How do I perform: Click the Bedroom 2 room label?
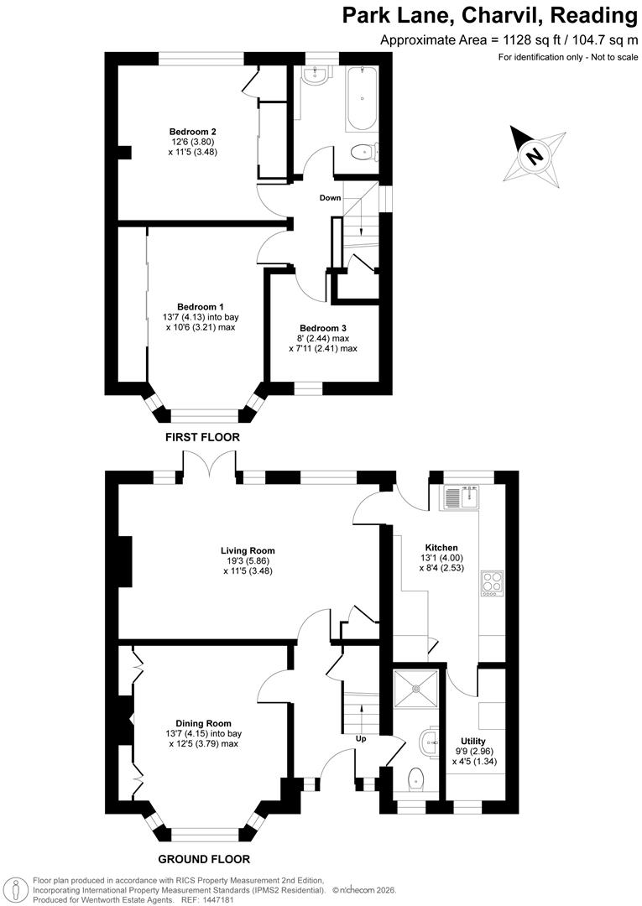click(x=193, y=132)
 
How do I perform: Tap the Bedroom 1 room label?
click(x=200, y=307)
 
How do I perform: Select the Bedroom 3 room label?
click(x=323, y=328)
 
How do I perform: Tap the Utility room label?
click(x=473, y=741)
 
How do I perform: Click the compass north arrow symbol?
click(x=533, y=155)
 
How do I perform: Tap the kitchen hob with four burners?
click(x=490, y=584)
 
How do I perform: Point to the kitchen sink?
click(x=460, y=497)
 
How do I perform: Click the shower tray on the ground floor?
click(x=417, y=690)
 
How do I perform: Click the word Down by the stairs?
click(x=330, y=198)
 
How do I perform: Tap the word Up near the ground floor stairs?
click(x=361, y=739)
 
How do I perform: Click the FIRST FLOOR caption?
click(x=202, y=437)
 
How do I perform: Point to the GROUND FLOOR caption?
click(x=204, y=858)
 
